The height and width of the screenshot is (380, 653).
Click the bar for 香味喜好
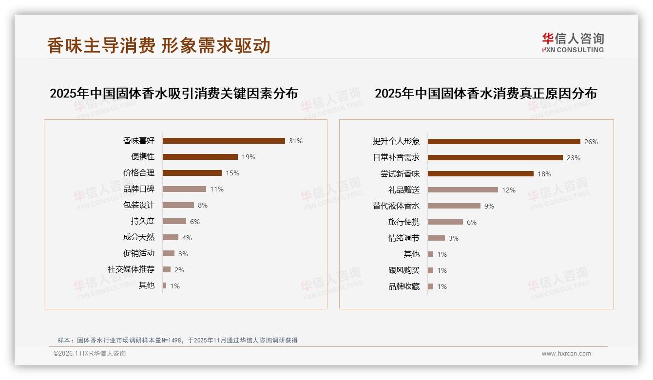point(224,141)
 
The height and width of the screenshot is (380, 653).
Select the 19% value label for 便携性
point(249,157)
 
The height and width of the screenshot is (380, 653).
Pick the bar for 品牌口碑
point(184,189)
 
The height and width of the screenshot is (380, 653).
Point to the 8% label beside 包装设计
point(203,205)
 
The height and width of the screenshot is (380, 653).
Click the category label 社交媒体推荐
point(131,269)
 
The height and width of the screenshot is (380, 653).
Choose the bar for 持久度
point(174,221)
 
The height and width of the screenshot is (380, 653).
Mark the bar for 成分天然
point(171,237)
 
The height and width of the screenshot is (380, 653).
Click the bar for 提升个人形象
point(504,142)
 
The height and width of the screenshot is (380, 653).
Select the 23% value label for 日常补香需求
point(574,158)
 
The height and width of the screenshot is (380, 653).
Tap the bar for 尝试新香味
point(480,174)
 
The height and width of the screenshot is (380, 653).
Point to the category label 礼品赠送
point(403,190)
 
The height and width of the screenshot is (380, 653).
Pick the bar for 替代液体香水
point(454,206)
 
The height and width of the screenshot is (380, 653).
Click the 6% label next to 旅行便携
point(472,222)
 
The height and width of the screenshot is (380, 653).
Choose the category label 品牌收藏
point(403,286)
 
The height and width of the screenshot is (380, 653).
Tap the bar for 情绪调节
point(436,238)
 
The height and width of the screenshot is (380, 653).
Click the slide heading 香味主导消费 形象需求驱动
point(158,45)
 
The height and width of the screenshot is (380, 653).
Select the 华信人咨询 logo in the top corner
point(573,42)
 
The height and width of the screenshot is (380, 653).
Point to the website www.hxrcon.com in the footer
point(566,354)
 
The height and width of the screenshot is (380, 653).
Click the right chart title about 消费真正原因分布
point(485,94)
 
